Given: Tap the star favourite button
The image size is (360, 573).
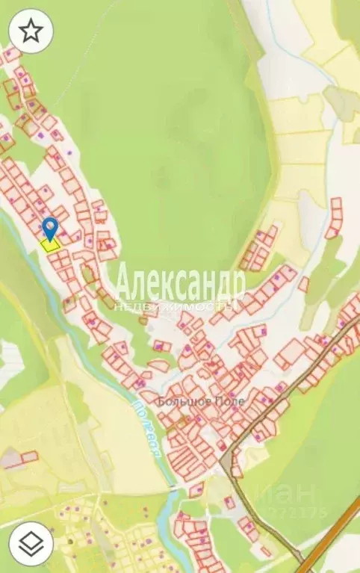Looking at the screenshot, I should [30, 31].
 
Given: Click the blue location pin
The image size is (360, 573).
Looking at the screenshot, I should [50, 226].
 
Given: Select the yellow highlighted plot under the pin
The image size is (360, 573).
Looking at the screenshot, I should [51, 244].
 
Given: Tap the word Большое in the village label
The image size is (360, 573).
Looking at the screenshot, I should [181, 401].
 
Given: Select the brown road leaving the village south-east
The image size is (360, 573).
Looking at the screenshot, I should [261, 515].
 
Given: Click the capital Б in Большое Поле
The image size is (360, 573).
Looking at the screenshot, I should [161, 401].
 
